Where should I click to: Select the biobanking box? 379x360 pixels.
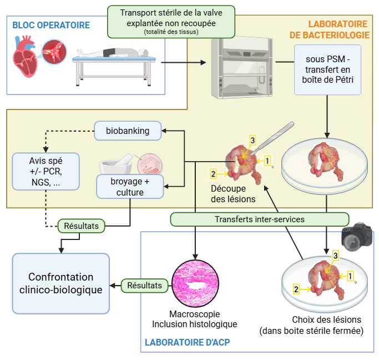pos(128,131)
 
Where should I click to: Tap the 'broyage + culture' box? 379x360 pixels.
pos(130,187)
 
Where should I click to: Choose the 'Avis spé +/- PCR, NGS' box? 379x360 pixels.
pos(46,171)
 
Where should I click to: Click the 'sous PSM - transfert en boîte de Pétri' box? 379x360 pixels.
pos(327,70)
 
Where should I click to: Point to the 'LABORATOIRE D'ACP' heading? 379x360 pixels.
pos(187,342)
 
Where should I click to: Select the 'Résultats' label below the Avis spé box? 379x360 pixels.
pos(81,226)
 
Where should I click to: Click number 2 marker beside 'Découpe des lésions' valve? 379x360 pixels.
pos(213,174)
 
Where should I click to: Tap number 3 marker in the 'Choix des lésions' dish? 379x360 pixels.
pos(335,256)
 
